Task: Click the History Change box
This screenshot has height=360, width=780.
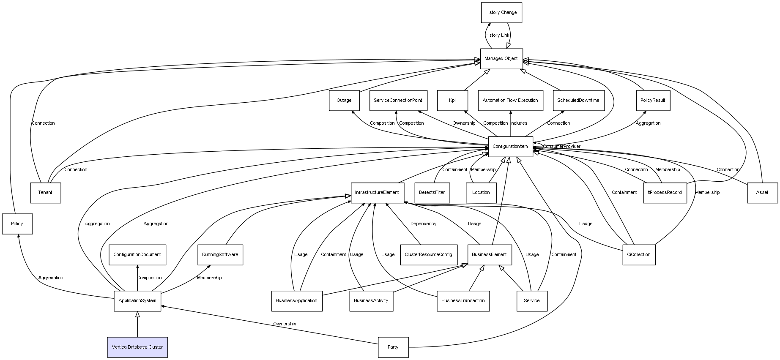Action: coord(501,13)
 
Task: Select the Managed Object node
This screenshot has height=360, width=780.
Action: coord(501,59)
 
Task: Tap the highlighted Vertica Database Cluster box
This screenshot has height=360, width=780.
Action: coord(137,347)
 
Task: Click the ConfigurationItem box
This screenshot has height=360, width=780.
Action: coord(510,147)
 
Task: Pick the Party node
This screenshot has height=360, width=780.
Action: coord(393,347)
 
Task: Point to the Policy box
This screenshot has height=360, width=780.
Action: coord(17,224)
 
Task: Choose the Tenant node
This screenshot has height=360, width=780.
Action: coord(46,193)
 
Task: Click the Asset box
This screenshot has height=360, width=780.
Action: coord(762,193)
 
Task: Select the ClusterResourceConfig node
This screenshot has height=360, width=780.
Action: coord(428,255)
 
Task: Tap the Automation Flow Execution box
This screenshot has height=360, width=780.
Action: coord(510,101)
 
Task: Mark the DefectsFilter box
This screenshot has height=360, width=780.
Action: coord(432,193)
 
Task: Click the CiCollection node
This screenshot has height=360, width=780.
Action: coord(639,255)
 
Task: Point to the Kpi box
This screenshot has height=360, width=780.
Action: coord(452,101)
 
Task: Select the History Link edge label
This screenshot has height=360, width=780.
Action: coord(497,35)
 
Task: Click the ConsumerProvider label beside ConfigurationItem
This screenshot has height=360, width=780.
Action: coord(561,147)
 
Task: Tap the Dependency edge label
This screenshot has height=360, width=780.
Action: coord(423,224)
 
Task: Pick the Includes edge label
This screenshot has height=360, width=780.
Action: coord(519,123)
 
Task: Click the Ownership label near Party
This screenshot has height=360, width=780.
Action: coord(285,324)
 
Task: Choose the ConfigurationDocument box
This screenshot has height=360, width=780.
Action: coord(137,255)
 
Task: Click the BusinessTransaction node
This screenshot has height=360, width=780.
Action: coord(463,301)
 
